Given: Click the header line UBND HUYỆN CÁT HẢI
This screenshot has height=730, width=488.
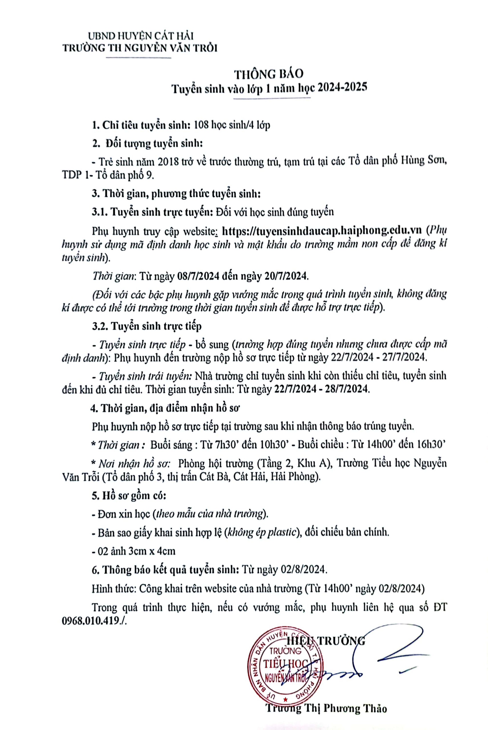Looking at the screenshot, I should pos(141,36).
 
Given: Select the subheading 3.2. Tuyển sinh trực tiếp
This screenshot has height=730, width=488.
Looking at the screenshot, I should pos(147,326).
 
